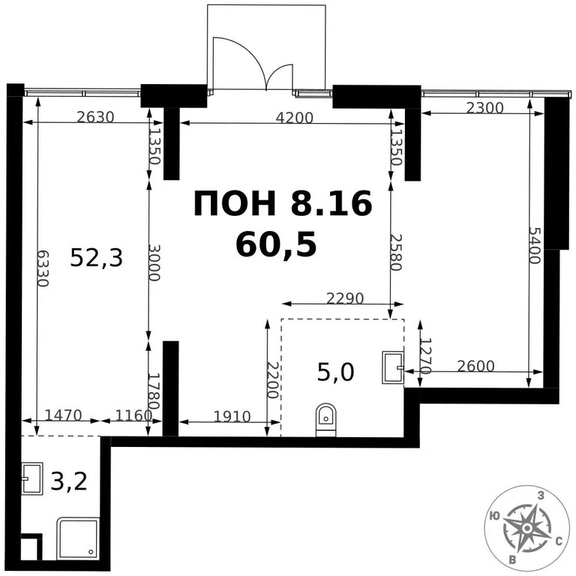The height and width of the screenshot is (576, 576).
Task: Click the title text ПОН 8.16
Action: pos(283,203)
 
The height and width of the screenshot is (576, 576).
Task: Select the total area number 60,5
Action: pos(275,244)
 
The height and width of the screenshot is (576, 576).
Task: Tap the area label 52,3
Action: pos(96,258)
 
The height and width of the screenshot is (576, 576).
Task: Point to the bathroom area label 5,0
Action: pos(335,371)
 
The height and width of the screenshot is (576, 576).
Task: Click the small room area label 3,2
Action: pos(69,480)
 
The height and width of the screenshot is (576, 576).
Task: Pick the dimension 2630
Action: pos(95,116)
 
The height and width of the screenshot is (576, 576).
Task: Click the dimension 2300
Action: pos(484,107)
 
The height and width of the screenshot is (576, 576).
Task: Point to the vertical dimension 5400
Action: pos(534,245)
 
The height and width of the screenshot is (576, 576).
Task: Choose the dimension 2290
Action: pos(345,298)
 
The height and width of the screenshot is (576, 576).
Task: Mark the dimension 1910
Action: pos(231,416)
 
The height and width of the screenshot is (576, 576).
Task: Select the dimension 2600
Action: pos(475,366)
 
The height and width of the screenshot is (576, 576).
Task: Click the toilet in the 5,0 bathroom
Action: pos(325,419)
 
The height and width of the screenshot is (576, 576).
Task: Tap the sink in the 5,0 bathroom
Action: pos(392,367)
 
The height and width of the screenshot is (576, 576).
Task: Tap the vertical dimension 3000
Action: pos(154,262)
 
